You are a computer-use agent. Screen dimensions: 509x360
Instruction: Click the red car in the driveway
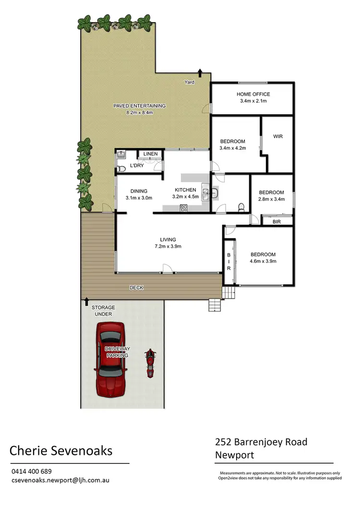coord(110,359)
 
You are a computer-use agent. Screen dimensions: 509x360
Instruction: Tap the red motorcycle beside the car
coord(151,363)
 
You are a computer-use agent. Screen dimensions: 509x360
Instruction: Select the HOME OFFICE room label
coord(253,95)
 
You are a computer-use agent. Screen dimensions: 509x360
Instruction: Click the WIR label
coord(277,137)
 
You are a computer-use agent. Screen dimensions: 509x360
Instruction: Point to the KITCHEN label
coord(185,190)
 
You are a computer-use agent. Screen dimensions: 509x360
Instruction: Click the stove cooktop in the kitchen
coord(183,208)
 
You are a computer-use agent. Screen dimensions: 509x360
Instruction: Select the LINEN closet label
coord(150,154)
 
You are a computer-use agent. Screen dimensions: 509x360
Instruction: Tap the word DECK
coord(136,288)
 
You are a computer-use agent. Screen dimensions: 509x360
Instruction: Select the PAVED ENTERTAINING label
coord(139,106)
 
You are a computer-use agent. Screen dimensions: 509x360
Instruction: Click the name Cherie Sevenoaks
coord(61,451)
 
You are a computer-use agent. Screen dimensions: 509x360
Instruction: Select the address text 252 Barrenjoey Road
coord(261,442)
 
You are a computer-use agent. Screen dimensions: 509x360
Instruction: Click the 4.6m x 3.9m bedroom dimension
coord(262,261)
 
